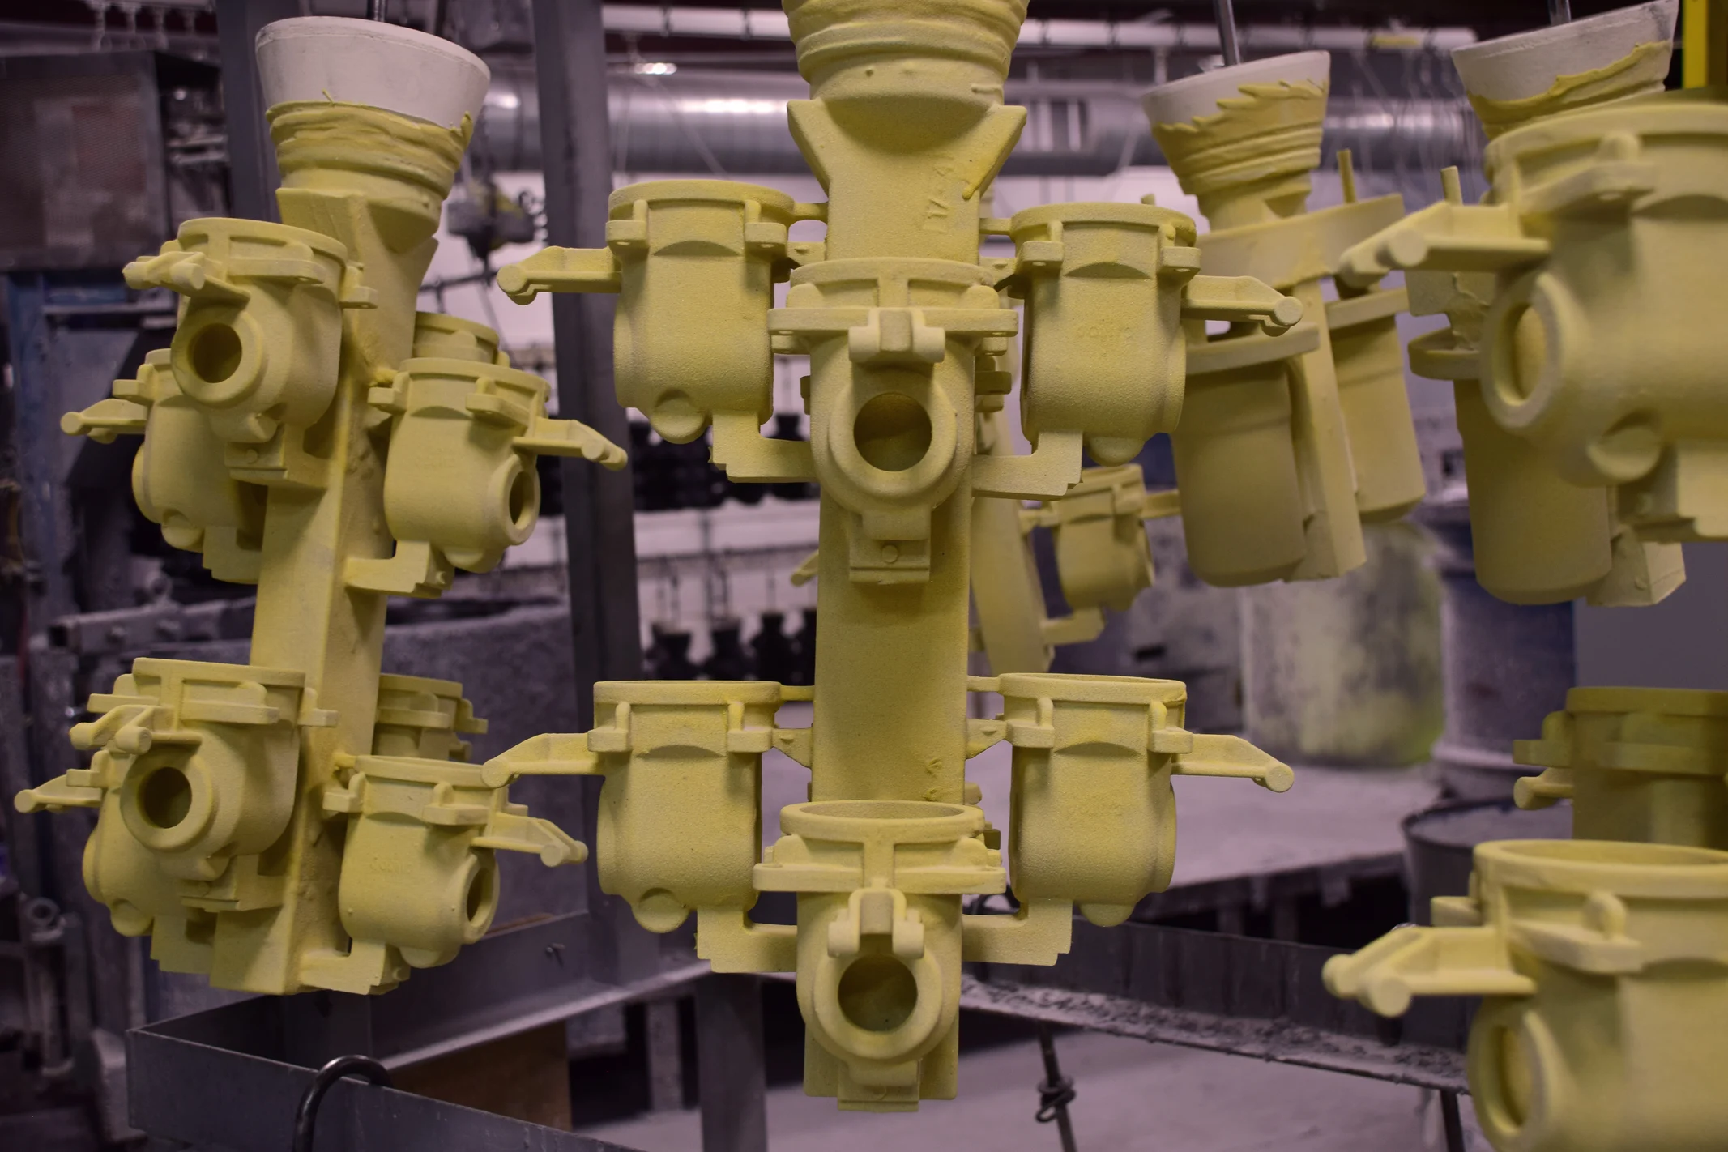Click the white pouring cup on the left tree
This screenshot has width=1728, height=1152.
pos(373,69)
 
